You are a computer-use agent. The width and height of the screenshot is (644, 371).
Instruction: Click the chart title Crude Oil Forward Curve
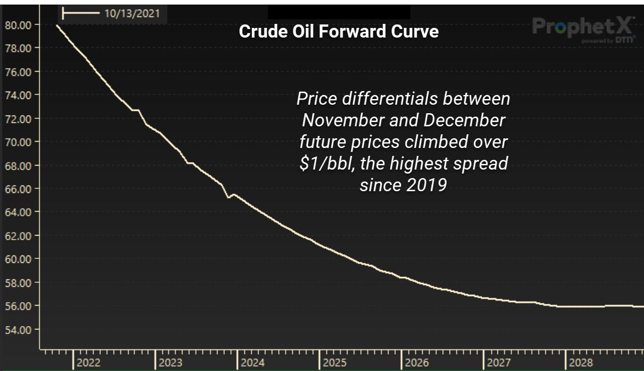point(339,31)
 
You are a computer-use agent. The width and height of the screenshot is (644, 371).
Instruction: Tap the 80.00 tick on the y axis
point(18,24)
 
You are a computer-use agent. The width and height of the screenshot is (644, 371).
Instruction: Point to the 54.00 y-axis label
point(18,329)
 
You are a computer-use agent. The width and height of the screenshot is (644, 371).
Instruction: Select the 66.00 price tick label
point(18,188)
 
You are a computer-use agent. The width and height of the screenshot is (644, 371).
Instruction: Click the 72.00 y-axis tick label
point(18,118)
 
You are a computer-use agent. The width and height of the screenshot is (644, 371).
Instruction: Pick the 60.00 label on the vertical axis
point(18,259)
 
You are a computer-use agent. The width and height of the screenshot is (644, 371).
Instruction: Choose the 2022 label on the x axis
point(88,362)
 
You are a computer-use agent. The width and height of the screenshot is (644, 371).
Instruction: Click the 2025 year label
point(335,362)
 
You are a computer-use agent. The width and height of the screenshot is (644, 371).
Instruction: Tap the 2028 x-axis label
point(581,362)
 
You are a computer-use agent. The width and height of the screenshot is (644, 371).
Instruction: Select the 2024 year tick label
point(252,362)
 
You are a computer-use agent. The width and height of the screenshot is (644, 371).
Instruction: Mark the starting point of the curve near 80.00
point(58,26)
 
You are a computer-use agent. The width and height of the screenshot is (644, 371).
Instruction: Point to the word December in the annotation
point(464,121)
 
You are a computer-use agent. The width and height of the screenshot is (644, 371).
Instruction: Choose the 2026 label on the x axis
point(417,362)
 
